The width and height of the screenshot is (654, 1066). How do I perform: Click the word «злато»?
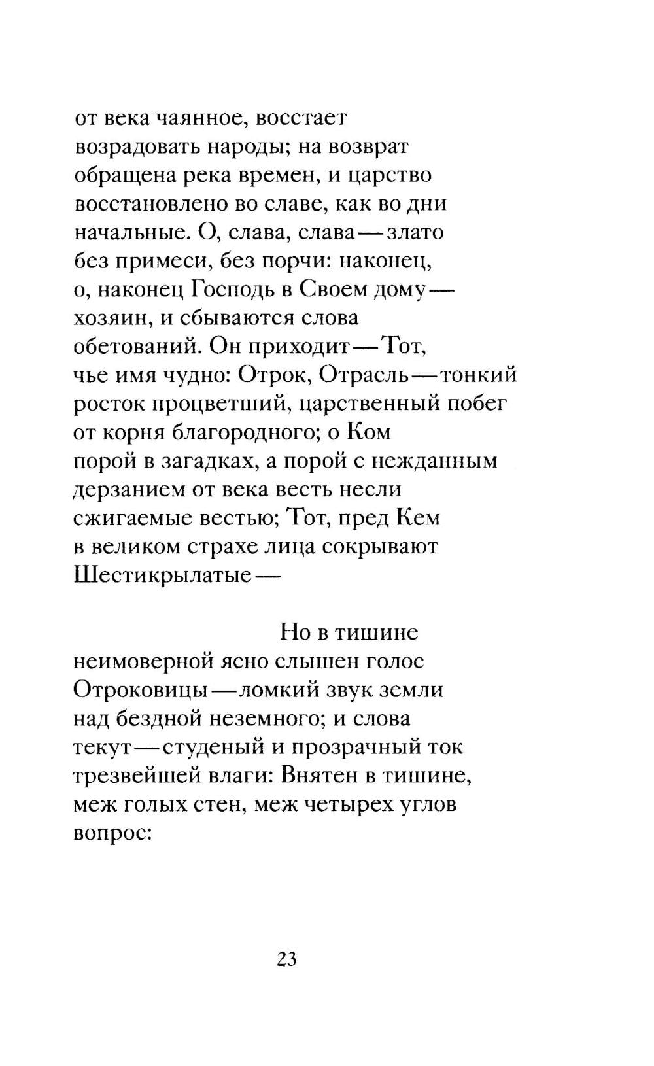415,233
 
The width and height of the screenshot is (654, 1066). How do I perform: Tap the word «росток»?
109,404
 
